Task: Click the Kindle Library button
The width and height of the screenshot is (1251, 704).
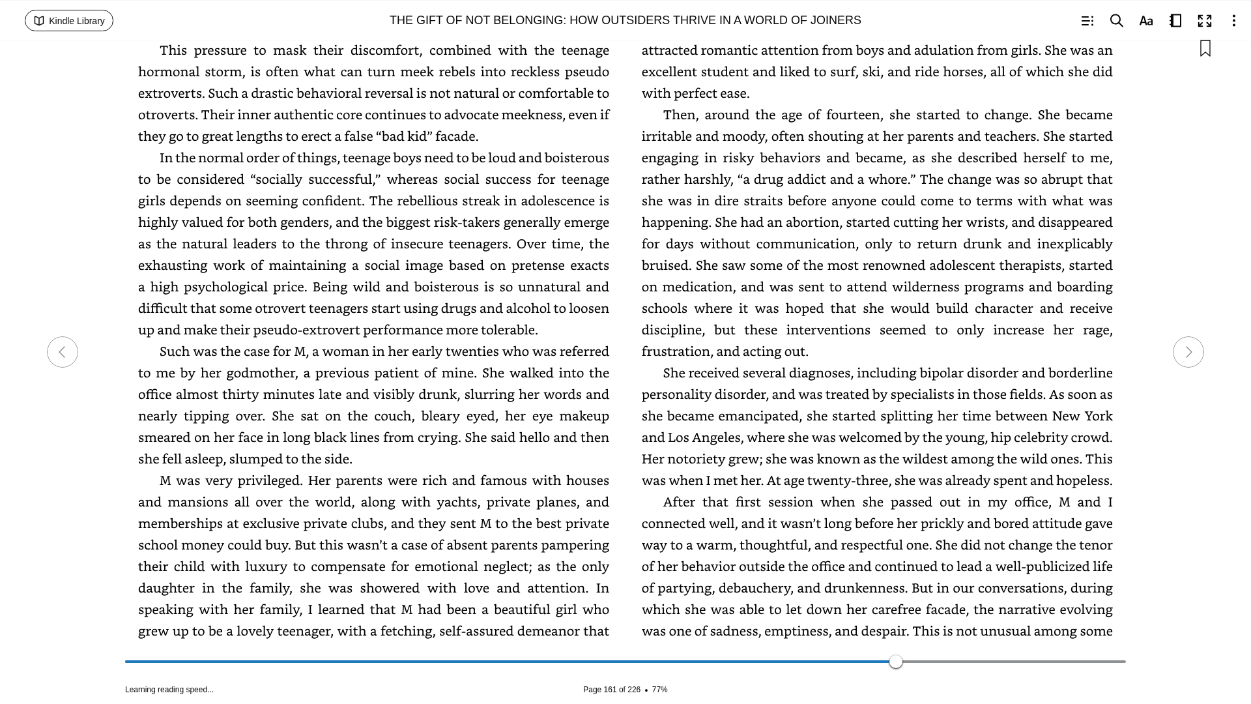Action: click(69, 21)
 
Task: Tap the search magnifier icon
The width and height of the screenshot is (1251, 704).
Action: click(1116, 21)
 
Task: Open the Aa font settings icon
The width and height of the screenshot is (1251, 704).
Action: click(1146, 21)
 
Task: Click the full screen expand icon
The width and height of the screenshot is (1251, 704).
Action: click(1205, 21)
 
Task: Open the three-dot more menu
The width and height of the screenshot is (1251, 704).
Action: click(1233, 21)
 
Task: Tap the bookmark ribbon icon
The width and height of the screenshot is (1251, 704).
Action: click(1205, 48)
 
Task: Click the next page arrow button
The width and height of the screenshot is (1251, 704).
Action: click(1188, 352)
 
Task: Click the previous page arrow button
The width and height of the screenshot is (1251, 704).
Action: click(63, 352)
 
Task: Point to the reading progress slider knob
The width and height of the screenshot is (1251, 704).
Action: click(896, 662)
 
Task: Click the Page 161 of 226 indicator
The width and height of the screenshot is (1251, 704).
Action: click(611, 690)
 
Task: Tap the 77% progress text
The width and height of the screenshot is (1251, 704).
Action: click(659, 690)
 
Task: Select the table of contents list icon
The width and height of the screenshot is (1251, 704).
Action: click(1087, 21)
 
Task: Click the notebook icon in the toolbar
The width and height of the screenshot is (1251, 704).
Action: click(1175, 21)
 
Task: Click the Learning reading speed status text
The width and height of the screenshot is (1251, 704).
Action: click(169, 690)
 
